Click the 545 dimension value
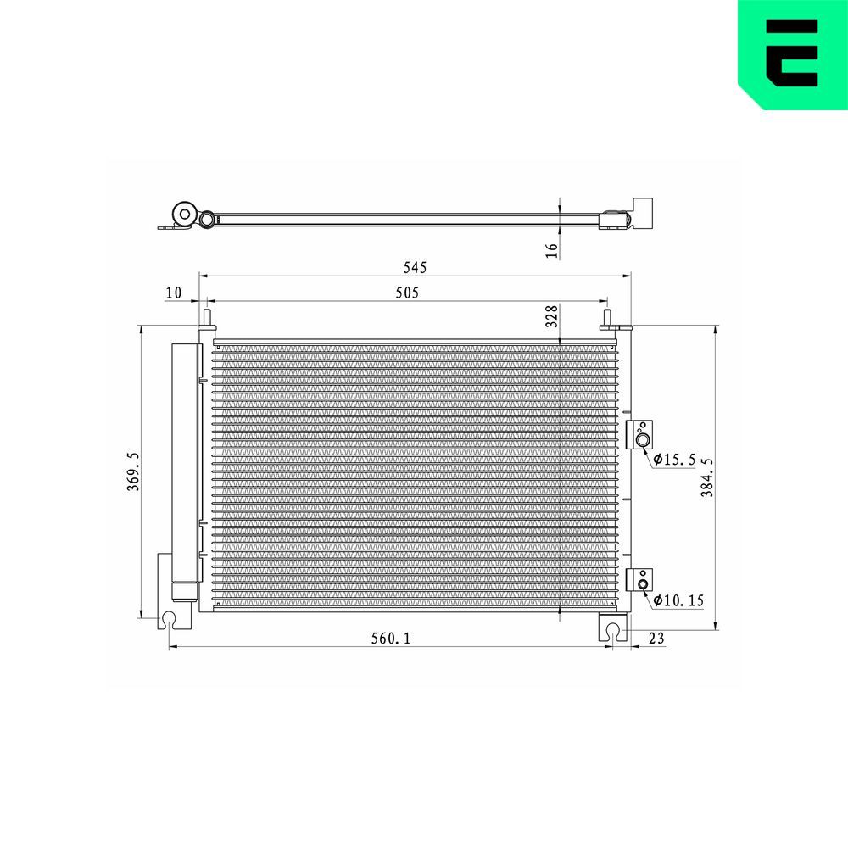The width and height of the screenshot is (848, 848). click(x=414, y=267)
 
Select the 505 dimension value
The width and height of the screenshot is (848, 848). click(x=408, y=293)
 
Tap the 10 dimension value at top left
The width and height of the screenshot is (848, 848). click(x=173, y=293)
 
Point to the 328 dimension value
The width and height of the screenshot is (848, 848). click(x=552, y=316)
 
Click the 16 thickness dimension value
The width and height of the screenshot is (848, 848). click(x=552, y=249)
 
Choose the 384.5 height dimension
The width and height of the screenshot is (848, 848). click(x=707, y=477)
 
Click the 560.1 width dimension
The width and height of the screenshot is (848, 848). click(x=391, y=639)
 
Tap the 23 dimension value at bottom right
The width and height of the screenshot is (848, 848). click(x=655, y=639)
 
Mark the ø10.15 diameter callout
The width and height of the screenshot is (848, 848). click(x=678, y=600)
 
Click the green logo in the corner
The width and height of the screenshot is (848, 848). click(x=792, y=53)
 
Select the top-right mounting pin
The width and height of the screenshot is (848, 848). click(x=607, y=320)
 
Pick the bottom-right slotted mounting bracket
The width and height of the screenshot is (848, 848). click(x=611, y=628)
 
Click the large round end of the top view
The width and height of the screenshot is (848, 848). click(x=182, y=214)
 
